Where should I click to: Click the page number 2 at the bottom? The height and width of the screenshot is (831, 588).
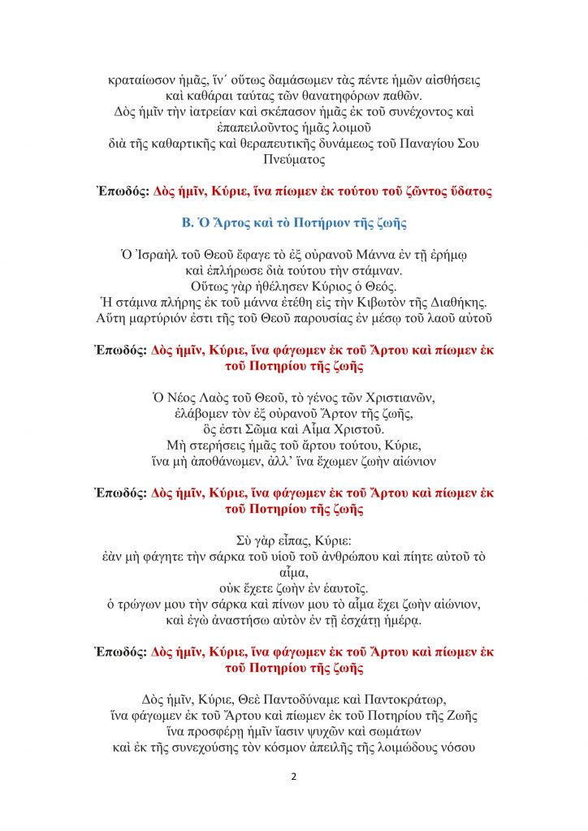(294, 777)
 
